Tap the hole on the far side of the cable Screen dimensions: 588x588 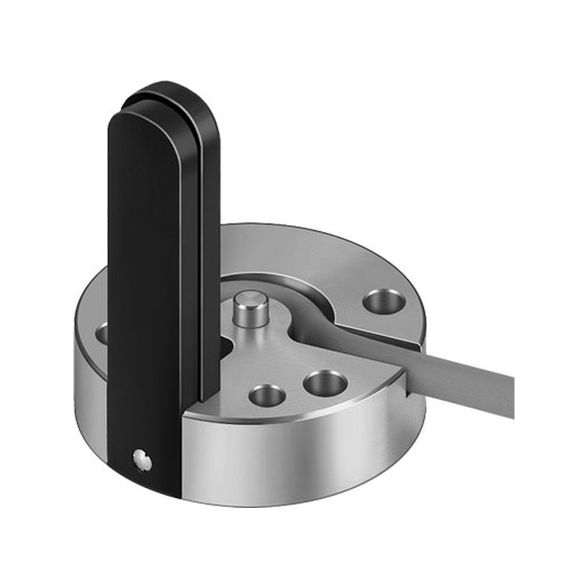(384, 300)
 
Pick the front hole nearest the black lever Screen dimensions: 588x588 (268, 395)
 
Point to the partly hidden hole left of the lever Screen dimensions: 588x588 (101, 333)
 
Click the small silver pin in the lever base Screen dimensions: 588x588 (141, 461)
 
